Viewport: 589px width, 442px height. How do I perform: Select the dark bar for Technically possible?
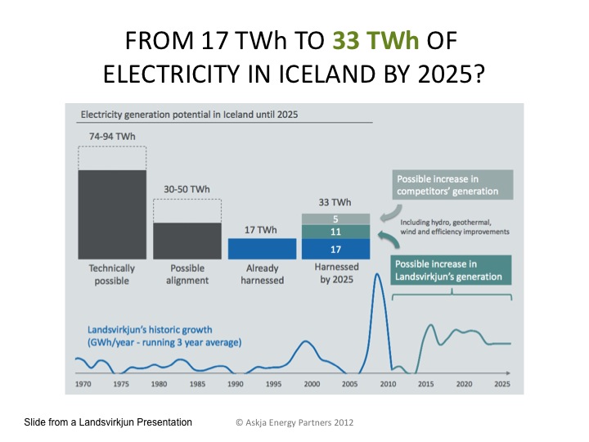(x=111, y=214)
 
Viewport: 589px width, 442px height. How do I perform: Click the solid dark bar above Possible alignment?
(x=187, y=241)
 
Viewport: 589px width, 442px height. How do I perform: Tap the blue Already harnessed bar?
(x=261, y=248)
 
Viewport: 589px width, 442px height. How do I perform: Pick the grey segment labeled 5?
(x=335, y=219)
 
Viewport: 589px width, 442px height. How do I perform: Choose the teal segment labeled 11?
(x=335, y=232)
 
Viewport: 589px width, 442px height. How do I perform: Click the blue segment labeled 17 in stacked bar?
(x=335, y=249)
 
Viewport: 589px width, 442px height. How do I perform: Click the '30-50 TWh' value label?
(x=187, y=188)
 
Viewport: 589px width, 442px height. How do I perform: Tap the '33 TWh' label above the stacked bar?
(x=335, y=202)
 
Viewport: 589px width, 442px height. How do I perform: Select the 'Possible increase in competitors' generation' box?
(x=452, y=185)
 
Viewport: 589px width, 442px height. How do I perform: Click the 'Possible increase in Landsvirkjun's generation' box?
(x=452, y=270)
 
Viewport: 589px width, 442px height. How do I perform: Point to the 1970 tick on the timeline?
(x=83, y=383)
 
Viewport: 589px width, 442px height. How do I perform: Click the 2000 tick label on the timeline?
(x=312, y=383)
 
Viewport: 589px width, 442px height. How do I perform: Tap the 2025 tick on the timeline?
(x=501, y=383)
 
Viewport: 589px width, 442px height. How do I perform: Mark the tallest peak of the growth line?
(x=378, y=274)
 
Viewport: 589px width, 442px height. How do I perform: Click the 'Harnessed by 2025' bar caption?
(x=335, y=274)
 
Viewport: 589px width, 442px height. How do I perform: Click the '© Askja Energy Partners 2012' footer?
(x=294, y=422)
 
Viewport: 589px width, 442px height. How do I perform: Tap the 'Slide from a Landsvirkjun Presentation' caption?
(x=109, y=422)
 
